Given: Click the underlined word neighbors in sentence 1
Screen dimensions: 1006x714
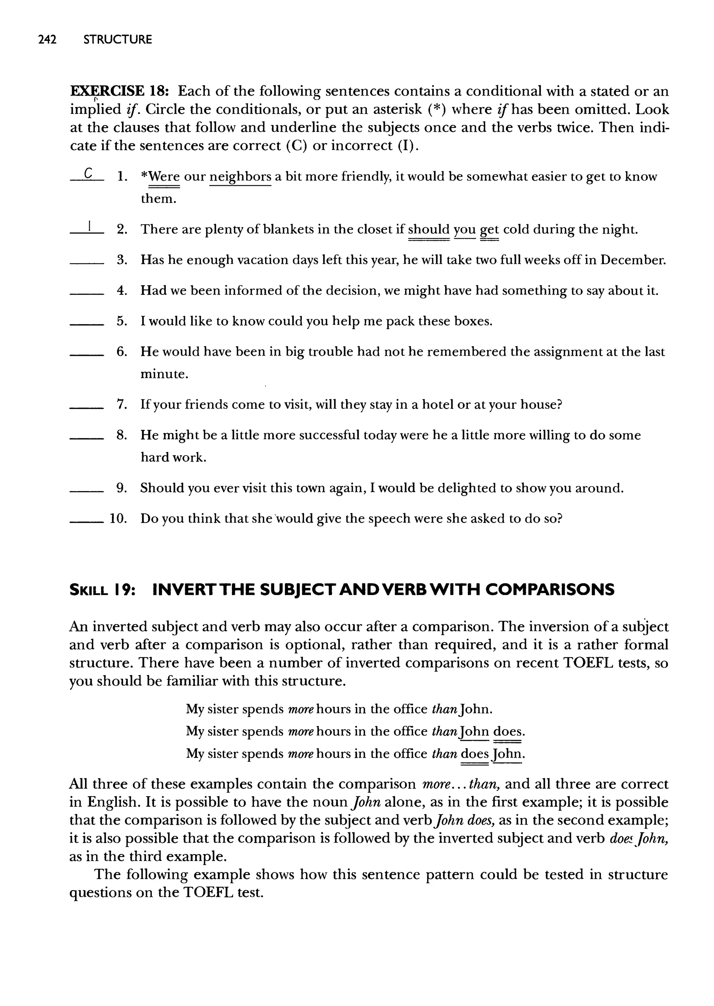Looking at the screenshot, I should (x=240, y=177).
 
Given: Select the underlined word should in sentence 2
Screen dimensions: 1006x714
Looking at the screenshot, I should (x=429, y=229).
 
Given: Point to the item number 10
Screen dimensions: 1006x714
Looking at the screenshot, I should (x=118, y=519).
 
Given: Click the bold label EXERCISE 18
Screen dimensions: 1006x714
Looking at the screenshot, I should (x=117, y=91).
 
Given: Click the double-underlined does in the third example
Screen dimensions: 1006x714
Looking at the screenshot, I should (x=475, y=754).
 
